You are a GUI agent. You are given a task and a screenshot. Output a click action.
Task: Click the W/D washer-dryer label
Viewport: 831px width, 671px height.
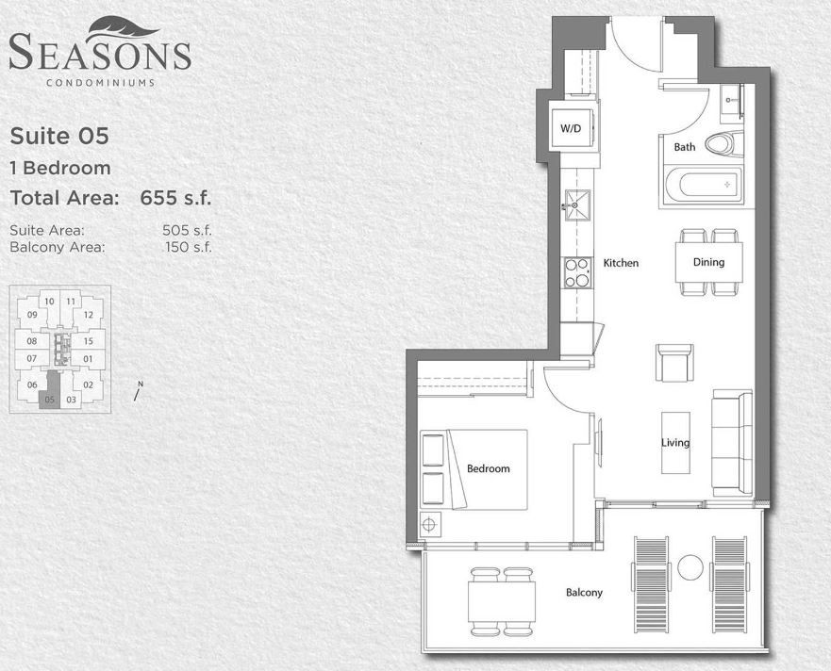click(x=571, y=128)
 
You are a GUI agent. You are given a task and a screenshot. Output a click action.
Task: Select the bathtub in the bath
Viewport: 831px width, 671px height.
click(x=703, y=185)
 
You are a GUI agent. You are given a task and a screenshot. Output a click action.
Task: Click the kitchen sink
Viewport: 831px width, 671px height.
click(x=577, y=205)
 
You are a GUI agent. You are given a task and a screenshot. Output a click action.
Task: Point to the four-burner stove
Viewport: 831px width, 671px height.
click(x=577, y=272)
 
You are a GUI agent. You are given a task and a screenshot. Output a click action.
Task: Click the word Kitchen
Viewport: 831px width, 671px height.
click(x=622, y=263)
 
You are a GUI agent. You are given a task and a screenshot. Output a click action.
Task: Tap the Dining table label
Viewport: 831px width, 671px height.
click(x=708, y=262)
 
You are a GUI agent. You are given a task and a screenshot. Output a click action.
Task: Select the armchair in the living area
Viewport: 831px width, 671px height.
click(x=674, y=363)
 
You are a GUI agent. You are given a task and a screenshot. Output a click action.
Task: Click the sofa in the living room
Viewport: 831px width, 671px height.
click(x=732, y=443)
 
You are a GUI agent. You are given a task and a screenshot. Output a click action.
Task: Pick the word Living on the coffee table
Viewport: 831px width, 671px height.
click(x=675, y=442)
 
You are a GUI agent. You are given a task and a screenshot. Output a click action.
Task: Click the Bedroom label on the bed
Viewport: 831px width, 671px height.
click(x=488, y=468)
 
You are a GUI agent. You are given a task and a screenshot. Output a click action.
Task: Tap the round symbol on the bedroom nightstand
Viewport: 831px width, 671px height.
click(x=429, y=524)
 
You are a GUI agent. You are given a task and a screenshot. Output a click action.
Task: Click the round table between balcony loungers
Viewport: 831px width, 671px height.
click(x=690, y=567)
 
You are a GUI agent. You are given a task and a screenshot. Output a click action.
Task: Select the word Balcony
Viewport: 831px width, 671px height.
click(x=584, y=592)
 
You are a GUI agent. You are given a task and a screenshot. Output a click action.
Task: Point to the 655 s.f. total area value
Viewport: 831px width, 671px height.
click(x=175, y=198)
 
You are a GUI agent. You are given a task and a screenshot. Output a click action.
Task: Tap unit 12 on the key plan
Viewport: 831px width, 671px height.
click(x=88, y=315)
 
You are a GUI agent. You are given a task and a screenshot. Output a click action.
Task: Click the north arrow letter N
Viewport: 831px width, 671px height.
click(x=141, y=384)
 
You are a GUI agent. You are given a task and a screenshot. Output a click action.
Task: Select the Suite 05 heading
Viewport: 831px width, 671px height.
click(x=59, y=136)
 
